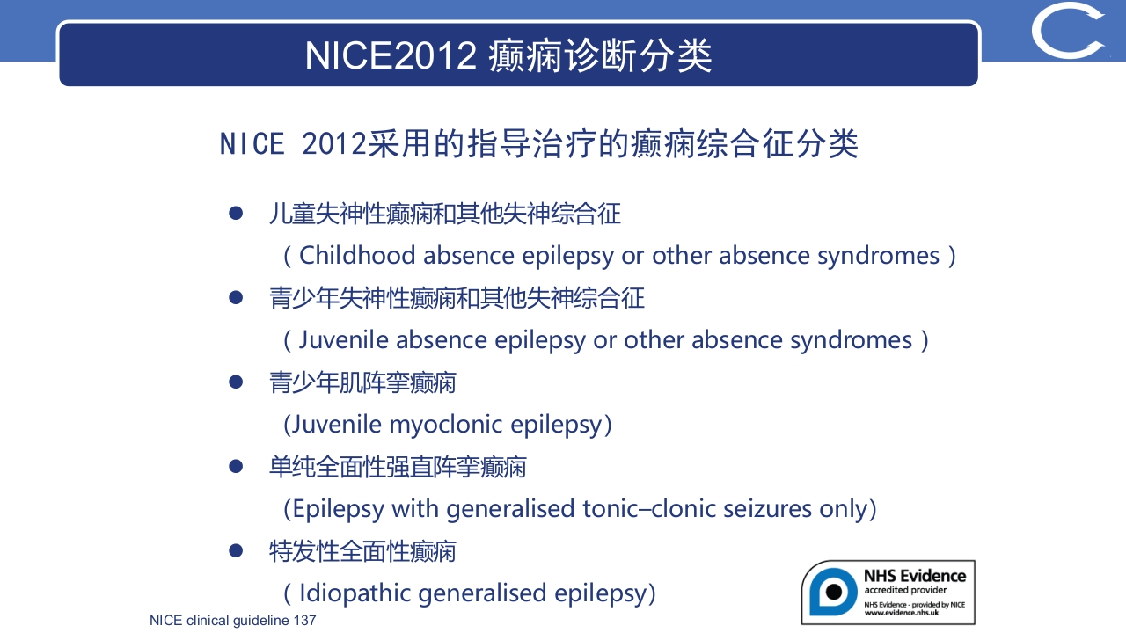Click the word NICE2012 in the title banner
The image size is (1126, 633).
pos(390,55)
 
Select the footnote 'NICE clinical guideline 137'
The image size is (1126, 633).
pos(232,621)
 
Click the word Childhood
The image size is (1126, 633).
pos(357,255)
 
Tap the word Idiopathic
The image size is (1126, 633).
pos(355,593)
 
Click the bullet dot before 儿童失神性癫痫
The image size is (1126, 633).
pos(235,214)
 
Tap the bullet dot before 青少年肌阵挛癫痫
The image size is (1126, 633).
pos(235,382)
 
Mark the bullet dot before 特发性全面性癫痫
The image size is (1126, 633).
pos(235,551)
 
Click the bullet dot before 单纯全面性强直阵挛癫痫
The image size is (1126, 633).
pos(235,467)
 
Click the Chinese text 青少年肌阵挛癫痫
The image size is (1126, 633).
pos(362,382)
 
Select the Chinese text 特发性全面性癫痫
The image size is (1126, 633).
pos(362,551)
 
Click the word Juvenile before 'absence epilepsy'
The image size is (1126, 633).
pos(344,340)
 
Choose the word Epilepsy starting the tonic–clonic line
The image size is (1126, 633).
pos(339,509)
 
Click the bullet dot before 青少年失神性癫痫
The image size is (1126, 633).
pos(235,298)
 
